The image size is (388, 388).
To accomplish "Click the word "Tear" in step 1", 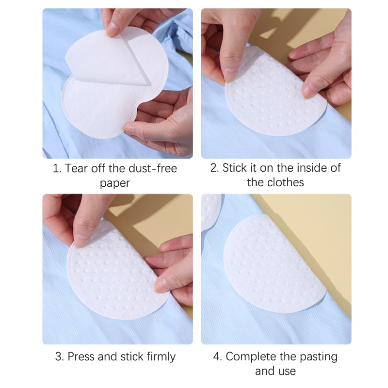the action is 77,168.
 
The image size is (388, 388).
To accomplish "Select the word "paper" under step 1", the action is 115,184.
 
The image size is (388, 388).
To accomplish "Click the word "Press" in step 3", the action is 81,356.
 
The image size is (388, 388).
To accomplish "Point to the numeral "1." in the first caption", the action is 57,168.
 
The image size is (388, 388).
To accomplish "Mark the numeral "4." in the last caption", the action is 217,356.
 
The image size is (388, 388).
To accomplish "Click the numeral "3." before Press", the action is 60,356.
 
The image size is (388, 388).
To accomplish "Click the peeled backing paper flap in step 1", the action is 108,59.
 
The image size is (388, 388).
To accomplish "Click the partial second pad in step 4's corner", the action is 210,211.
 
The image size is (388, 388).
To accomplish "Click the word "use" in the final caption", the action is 288,371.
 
